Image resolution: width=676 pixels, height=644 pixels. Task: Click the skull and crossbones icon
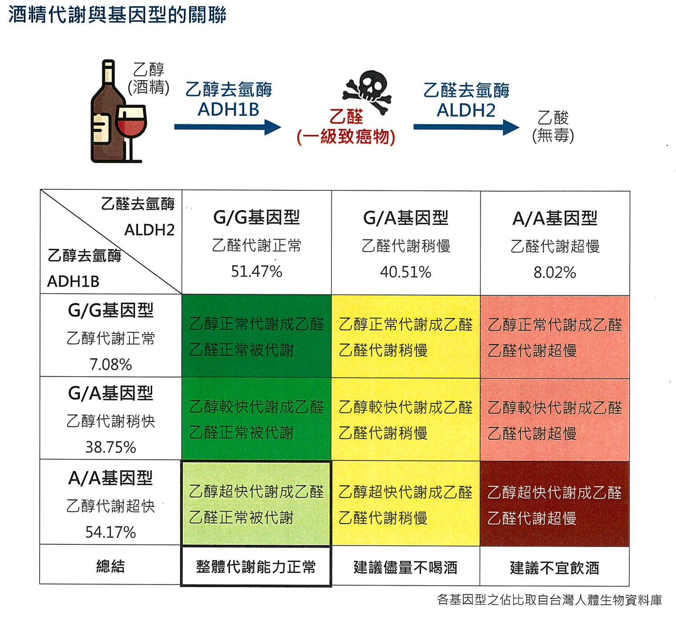coord(367,91)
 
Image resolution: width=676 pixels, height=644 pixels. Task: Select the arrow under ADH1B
coord(227,127)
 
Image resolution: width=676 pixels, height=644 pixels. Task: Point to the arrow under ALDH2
coord(466,127)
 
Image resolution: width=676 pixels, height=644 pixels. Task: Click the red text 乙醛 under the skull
coord(346,116)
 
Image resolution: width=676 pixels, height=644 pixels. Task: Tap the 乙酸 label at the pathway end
coord(553,117)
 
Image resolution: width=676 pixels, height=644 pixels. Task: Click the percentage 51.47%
coord(256,271)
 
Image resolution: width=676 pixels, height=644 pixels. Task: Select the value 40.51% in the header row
coord(405,272)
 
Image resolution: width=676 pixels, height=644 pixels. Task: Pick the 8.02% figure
coord(555,272)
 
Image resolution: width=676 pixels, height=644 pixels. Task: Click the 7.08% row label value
coord(111,364)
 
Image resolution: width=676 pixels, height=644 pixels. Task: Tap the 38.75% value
coord(111,447)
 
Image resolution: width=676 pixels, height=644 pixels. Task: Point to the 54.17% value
coord(111,532)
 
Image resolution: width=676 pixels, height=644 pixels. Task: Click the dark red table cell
coord(554,503)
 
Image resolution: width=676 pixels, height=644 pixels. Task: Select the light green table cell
coord(256,503)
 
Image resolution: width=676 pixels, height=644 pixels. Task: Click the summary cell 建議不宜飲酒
coord(554,568)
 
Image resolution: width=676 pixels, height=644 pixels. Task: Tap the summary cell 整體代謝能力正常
coord(256,567)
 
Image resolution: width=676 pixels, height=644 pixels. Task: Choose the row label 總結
coord(111,566)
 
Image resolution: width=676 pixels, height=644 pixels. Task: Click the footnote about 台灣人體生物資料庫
coord(549,600)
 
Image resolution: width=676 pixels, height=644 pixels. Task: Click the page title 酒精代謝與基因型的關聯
coord(117,15)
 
